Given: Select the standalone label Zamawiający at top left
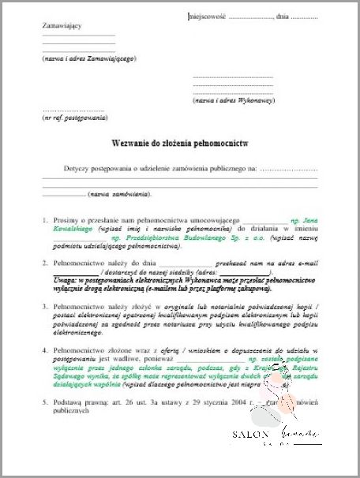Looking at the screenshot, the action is point(62,26).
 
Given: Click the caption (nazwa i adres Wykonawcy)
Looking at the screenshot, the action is point(234,101).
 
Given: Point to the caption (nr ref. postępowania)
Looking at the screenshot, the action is point(74,118).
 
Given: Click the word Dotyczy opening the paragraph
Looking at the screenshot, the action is point(78,169).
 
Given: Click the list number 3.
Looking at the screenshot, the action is point(46,304).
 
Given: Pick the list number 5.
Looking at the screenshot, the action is point(46,401).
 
